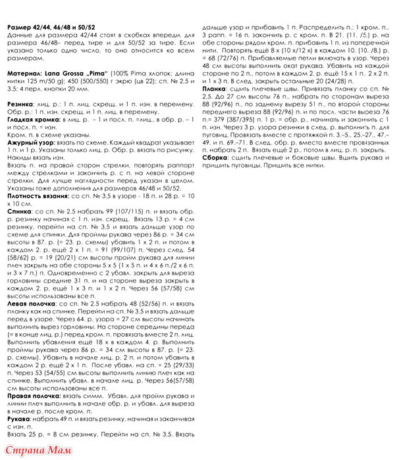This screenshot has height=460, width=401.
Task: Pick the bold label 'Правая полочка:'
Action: click(x=32, y=396)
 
